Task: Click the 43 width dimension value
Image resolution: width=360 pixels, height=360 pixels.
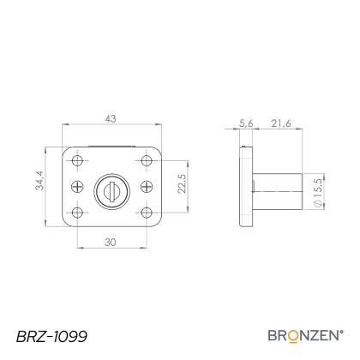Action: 111,118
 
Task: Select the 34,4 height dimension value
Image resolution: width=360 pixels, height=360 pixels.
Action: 39,180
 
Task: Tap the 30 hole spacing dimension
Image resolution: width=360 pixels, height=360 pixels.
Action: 111,243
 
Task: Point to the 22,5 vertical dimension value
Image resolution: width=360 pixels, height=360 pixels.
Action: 182,183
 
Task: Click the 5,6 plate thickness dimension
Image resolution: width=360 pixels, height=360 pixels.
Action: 246,123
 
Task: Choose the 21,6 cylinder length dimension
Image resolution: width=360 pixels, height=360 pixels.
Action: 281,123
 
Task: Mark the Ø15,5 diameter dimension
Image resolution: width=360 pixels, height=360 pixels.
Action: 318,192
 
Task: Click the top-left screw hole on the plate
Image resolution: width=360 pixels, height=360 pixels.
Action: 77,161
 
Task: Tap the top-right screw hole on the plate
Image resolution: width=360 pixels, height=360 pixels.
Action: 147,161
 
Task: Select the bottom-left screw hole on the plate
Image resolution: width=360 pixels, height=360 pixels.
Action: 77,213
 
